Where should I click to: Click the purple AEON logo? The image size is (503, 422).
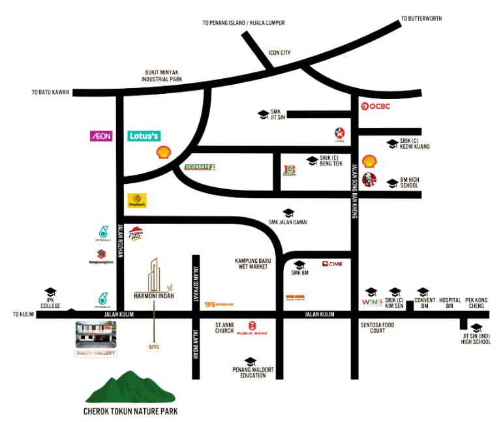tap(101, 136)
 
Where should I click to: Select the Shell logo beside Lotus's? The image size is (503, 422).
tap(163, 153)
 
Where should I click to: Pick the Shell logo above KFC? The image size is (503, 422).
tap(369, 160)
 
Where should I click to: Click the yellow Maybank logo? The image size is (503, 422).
tap(137, 200)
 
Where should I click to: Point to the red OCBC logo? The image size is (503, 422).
tap(375, 106)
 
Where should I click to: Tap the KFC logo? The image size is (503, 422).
tap(369, 179)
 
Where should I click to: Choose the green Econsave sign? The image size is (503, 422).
tap(199, 167)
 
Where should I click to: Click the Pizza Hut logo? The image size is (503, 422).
tap(136, 234)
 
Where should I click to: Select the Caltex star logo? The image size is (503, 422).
tap(339, 134)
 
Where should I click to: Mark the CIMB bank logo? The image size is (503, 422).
tap(332, 264)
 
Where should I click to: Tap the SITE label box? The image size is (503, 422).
tap(154, 348)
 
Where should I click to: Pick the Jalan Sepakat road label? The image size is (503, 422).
tap(194, 284)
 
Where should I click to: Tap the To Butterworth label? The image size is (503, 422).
tap(421, 18)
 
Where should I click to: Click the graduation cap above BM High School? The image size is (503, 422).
tap(392, 183)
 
